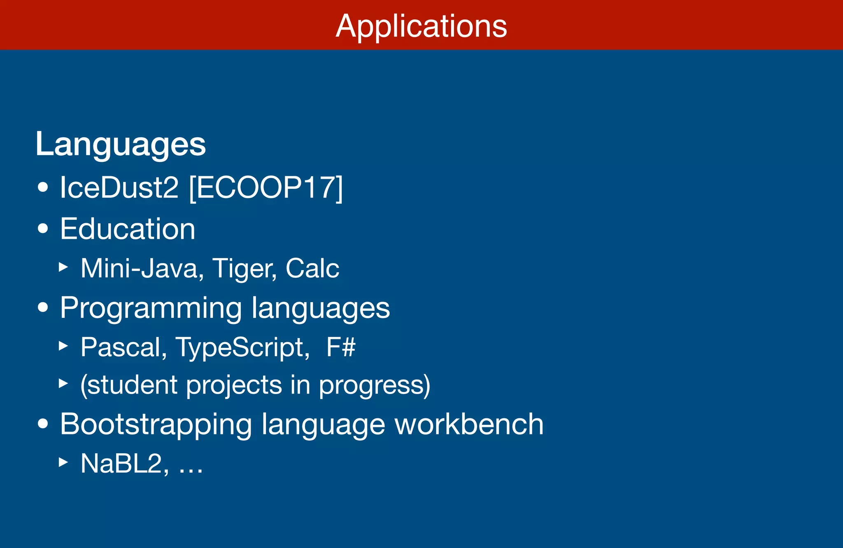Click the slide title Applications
421,26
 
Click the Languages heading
121,144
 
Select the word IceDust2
119,188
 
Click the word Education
128,229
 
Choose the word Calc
312,268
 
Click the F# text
341,347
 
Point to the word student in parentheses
133,385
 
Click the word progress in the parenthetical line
374,385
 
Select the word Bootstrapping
156,424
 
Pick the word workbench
469,424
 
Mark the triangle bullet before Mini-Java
63,267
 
